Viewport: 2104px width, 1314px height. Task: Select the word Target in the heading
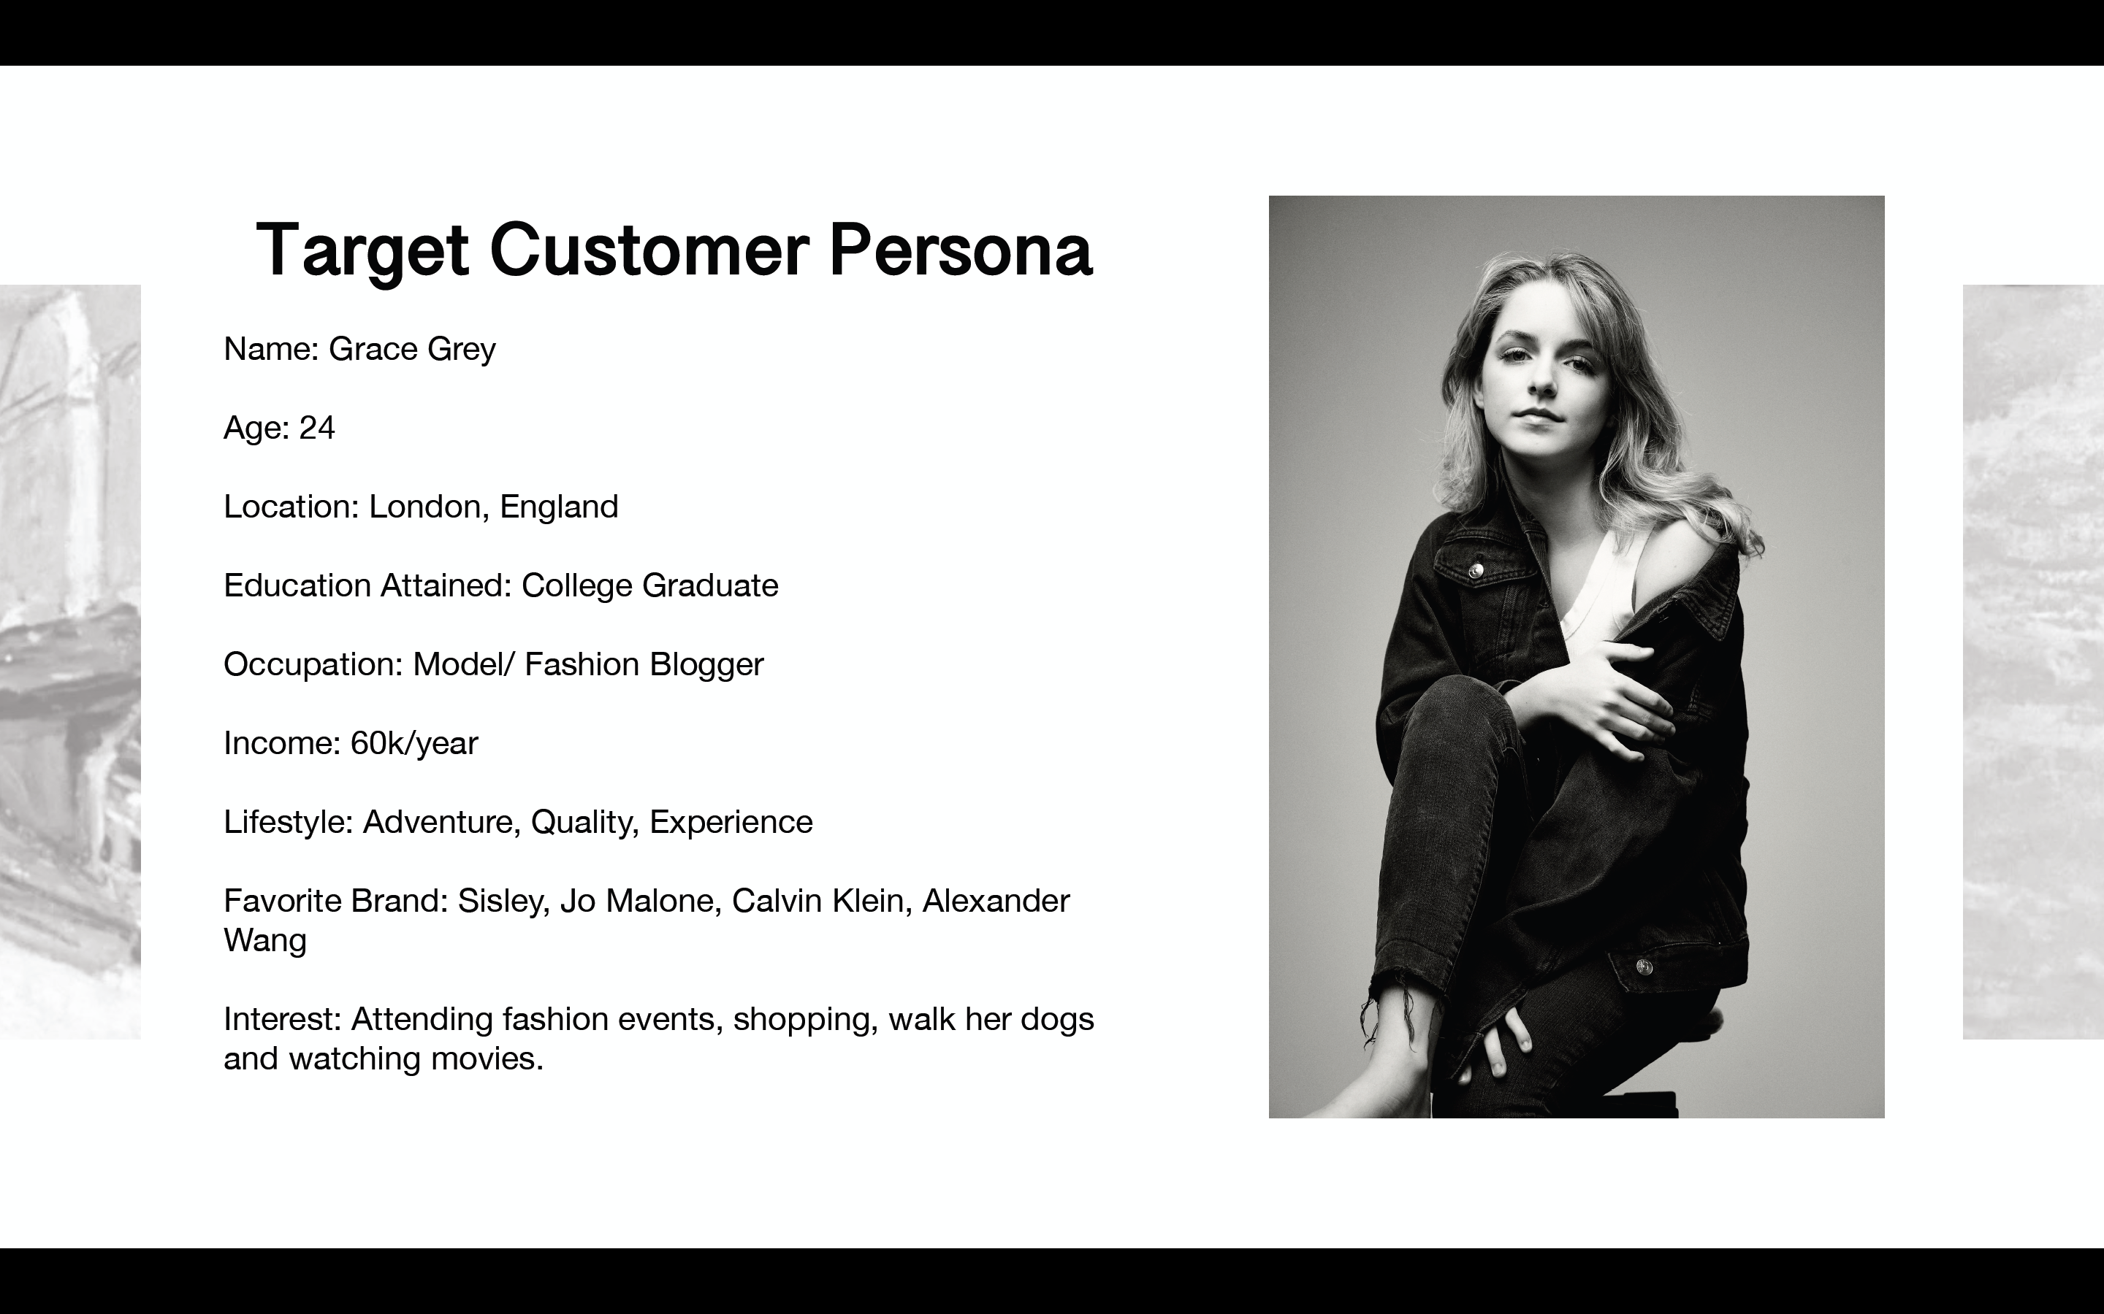point(362,252)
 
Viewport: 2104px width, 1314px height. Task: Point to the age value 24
point(317,428)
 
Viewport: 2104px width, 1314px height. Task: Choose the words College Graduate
point(650,585)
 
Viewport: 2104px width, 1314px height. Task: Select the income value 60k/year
point(413,744)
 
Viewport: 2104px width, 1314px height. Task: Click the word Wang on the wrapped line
point(265,941)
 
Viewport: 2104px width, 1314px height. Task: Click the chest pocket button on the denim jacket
point(1476,570)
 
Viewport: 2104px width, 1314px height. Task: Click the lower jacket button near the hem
point(1642,967)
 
